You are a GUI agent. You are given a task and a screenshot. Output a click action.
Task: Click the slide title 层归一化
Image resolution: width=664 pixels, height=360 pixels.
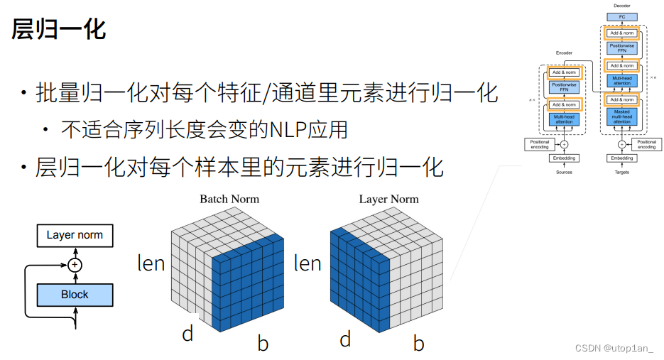59,29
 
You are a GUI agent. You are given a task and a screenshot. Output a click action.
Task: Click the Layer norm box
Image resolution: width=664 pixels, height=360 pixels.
75,235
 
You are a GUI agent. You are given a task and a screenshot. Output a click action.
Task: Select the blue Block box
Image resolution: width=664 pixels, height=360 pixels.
75,294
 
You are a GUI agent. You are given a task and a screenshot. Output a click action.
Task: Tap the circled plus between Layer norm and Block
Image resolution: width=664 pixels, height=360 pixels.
75,265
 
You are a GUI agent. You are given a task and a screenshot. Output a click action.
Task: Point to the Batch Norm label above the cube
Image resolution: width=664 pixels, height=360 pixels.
229,199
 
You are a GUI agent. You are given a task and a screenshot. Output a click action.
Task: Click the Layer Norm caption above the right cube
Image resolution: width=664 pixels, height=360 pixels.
388,199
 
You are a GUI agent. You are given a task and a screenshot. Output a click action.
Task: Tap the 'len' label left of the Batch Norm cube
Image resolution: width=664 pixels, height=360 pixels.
151,263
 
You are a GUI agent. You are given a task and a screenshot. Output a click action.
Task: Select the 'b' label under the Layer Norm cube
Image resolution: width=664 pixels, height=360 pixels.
419,344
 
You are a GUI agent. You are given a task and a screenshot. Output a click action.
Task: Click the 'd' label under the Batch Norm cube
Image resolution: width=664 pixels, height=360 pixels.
187,333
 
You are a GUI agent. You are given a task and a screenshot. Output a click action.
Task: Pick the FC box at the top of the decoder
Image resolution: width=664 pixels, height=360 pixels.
621,16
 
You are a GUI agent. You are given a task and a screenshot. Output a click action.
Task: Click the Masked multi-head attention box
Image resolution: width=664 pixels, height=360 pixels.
621,116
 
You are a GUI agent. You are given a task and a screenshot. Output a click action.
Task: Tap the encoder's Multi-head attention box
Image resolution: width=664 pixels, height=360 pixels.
565,119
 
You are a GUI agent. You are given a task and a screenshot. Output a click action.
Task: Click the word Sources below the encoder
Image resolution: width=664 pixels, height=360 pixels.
564,172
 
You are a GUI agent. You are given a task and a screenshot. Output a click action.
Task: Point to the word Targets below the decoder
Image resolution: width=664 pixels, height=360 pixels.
622,172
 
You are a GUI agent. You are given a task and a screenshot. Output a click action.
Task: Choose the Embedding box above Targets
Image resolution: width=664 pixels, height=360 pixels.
622,158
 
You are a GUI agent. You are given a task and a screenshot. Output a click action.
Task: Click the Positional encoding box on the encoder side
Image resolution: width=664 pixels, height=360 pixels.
540,144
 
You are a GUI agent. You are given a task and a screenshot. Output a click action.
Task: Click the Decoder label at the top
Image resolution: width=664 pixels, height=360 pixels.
621,5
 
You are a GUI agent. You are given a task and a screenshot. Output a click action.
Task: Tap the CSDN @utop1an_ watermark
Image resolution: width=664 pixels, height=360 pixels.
614,349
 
